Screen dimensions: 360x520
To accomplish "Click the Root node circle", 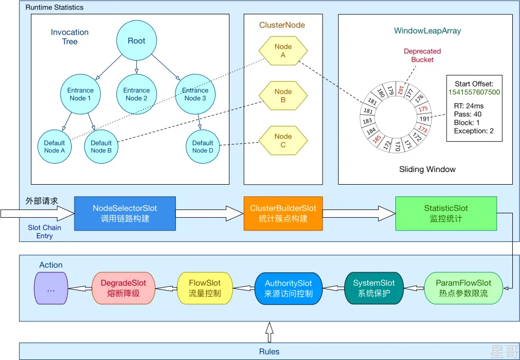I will coord(136,41).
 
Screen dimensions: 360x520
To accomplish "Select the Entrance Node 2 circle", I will coord(136,94).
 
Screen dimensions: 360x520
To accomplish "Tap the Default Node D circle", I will coord(202,147).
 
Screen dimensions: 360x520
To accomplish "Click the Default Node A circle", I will coord(55,147).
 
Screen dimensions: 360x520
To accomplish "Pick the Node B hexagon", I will coord(283,95).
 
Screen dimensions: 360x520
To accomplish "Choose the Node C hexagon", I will coord(283,140).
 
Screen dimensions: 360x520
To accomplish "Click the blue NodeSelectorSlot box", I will coord(125,213).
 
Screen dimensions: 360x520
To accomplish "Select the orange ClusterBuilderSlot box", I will coord(283,213).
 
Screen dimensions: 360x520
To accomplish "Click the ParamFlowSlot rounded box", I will coord(463,288).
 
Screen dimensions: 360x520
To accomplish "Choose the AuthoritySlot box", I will coord(288,288).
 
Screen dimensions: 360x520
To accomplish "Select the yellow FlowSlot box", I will coord(205,288).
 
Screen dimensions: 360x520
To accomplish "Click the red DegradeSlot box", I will coord(123,288).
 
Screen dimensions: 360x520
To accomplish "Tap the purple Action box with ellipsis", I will coord(51,288).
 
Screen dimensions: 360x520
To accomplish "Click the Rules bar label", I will coord(269,352).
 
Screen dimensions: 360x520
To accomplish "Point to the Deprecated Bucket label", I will coord(422,55).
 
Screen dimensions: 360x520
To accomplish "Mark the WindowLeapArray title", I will coord(427,31).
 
